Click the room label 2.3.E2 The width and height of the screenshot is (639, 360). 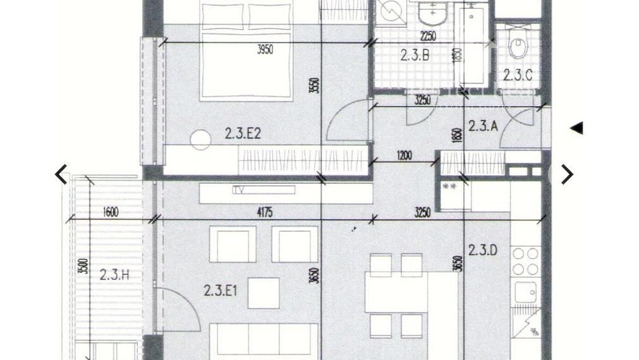(243, 133)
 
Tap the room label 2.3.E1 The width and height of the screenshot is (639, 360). (221, 291)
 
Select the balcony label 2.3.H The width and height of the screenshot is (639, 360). (114, 274)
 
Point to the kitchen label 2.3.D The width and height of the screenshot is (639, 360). (482, 250)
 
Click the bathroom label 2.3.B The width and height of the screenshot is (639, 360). (415, 55)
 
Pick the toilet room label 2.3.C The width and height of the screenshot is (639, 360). (518, 75)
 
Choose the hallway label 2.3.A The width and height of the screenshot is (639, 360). (483, 126)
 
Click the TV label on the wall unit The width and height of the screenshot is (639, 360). (238, 189)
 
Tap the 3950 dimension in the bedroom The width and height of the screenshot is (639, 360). (265, 49)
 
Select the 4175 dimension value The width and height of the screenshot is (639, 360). (264, 213)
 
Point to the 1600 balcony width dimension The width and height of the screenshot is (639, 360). (110, 212)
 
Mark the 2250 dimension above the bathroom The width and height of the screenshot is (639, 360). (429, 37)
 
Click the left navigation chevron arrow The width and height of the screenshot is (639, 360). (61, 174)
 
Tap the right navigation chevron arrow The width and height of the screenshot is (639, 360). (567, 174)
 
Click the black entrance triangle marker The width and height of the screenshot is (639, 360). (576, 128)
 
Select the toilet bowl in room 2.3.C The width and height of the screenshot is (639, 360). (518, 47)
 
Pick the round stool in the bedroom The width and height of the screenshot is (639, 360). (200, 140)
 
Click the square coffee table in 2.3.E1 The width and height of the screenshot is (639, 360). (264, 293)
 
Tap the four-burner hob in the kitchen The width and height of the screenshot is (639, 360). (525, 261)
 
